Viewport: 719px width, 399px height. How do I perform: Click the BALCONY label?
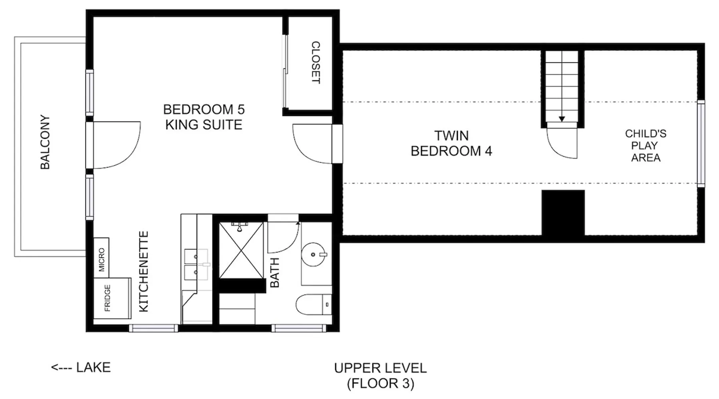pos(45,142)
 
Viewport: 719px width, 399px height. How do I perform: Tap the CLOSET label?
pos(316,62)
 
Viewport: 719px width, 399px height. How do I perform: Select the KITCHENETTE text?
pos(143,271)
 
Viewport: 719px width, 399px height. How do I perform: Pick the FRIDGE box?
pos(112,298)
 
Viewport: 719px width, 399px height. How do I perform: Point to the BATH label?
pos(275,273)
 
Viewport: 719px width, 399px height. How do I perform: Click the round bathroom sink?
pos(314,254)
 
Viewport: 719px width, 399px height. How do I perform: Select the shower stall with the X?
pos(241,250)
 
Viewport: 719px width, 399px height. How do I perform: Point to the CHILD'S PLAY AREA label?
pos(646,145)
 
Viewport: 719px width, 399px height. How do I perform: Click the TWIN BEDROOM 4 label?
pos(451,143)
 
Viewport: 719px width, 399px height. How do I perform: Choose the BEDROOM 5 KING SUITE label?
pos(204,117)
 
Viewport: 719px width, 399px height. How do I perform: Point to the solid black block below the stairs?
pos(563,213)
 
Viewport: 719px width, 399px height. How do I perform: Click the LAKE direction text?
pos(81,367)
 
